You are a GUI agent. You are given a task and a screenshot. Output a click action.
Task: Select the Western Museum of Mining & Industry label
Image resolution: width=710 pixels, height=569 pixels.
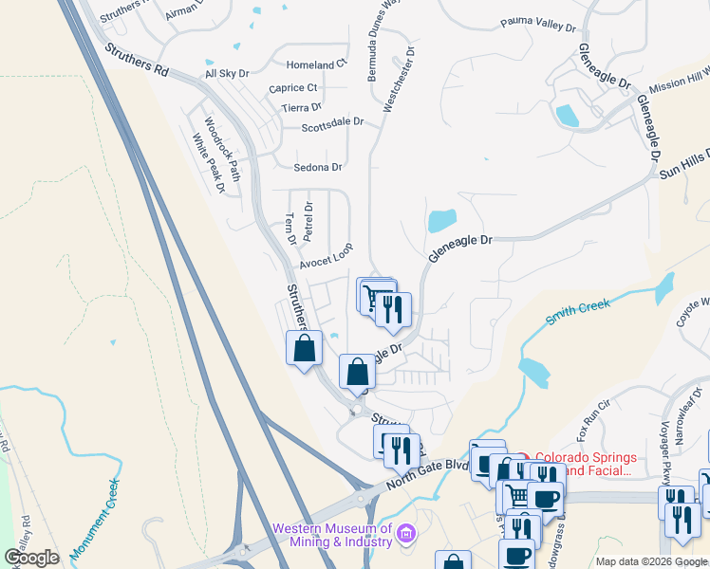point(332,535)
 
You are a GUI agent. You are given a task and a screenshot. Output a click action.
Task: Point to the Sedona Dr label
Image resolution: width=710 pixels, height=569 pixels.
point(317,168)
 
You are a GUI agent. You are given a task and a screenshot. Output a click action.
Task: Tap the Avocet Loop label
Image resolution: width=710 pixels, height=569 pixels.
point(327,252)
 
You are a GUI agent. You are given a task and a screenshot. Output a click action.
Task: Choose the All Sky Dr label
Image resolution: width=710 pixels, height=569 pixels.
point(227,73)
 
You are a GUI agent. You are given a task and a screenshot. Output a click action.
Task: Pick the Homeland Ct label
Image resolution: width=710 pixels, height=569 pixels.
point(317,64)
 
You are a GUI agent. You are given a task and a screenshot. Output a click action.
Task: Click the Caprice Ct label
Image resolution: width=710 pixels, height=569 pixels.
point(292,88)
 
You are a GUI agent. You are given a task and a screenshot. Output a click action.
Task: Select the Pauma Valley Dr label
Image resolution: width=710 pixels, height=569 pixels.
point(537,25)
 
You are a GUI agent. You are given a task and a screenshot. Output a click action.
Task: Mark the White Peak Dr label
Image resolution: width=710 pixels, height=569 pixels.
point(208,163)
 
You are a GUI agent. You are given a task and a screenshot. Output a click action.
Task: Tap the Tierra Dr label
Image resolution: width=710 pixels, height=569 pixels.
point(302,108)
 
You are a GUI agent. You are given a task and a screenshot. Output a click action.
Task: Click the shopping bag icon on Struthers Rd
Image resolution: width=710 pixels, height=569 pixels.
point(304,348)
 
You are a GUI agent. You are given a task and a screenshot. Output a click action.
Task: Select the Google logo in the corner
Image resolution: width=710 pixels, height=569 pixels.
point(31,558)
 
